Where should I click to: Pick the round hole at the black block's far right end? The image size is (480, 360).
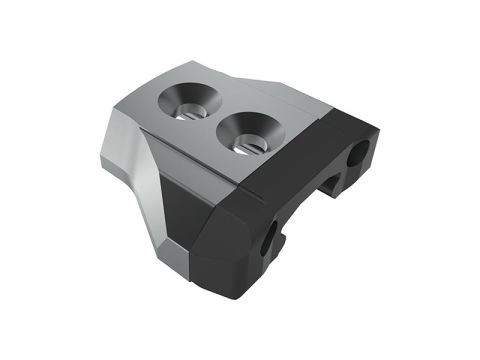tap(357, 155)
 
